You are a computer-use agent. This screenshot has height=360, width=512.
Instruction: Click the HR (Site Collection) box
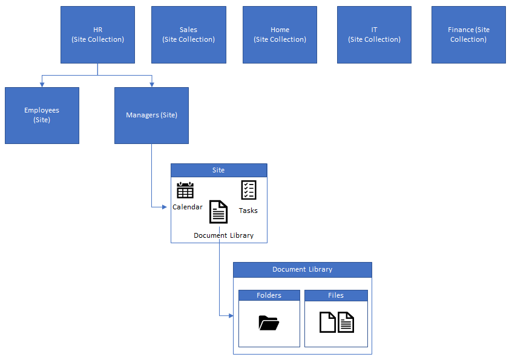pyautogui.click(x=97, y=34)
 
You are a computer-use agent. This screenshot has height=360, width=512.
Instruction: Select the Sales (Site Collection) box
pyautogui.click(x=188, y=34)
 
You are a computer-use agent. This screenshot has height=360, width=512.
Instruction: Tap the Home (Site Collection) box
pyautogui.click(x=280, y=34)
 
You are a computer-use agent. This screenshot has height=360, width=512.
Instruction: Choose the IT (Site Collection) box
pyautogui.click(x=374, y=34)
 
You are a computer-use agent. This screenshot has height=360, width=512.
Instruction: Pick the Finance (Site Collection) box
pyautogui.click(x=468, y=34)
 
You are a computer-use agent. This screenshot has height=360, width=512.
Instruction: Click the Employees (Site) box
pyautogui.click(x=42, y=115)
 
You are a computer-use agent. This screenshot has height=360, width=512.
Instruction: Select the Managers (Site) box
pyautogui.click(x=151, y=115)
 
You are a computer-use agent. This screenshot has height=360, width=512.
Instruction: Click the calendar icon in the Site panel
pyautogui.click(x=185, y=190)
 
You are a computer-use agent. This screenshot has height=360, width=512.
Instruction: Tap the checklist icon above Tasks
pyautogui.click(x=249, y=190)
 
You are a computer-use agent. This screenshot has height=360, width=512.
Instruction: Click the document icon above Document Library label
pyautogui.click(x=218, y=212)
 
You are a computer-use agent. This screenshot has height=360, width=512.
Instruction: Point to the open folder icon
pyautogui.click(x=269, y=323)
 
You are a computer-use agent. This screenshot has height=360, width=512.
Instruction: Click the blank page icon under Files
pyautogui.click(x=327, y=322)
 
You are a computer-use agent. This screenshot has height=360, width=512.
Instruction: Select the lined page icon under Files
pyautogui.click(x=346, y=322)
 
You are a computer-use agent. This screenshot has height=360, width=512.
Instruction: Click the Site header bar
pyautogui.click(x=218, y=170)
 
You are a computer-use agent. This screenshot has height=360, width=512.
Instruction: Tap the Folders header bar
pyautogui.click(x=269, y=295)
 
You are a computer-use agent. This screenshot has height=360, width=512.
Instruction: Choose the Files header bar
pyautogui.click(x=336, y=295)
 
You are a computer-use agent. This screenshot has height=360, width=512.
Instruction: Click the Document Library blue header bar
pyautogui.click(x=302, y=269)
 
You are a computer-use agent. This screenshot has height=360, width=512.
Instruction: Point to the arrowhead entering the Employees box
pyautogui.click(x=42, y=84)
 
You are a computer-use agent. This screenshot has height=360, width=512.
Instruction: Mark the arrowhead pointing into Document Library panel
pyautogui.click(x=230, y=315)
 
